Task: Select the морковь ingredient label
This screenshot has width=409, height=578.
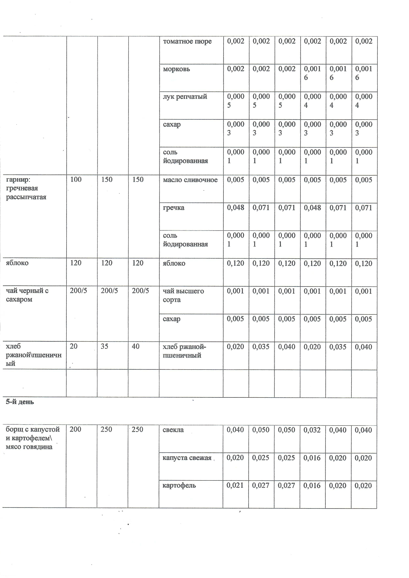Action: click(x=176, y=69)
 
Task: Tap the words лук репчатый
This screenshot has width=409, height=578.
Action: click(x=185, y=97)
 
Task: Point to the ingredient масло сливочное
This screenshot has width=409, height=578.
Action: click(x=190, y=180)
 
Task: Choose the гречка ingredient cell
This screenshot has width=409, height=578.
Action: click(x=174, y=208)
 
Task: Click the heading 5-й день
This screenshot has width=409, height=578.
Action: click(x=20, y=402)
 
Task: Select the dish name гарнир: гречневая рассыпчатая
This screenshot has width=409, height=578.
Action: click(x=26, y=188)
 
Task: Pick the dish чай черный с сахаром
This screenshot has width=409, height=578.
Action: click(x=27, y=295)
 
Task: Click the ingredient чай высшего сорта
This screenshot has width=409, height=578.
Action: click(x=183, y=295)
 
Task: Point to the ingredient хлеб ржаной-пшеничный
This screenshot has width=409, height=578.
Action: click(x=184, y=351)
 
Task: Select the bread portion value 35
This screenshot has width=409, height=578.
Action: click(x=105, y=346)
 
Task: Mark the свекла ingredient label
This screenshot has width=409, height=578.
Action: click(x=173, y=430)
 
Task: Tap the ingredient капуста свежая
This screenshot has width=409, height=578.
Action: click(x=187, y=458)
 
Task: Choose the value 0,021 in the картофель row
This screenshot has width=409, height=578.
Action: click(x=235, y=485)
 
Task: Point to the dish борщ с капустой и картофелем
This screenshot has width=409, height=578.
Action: click(x=33, y=438)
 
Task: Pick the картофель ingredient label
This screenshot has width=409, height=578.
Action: click(x=179, y=485)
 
